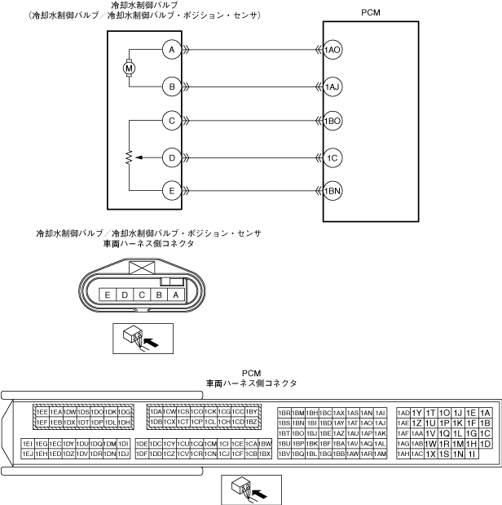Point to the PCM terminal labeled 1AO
pos(332,50)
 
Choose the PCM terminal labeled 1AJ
pos(332,86)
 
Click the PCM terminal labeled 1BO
pos(332,121)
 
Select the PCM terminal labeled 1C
pos(332,156)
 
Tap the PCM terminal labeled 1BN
pos(332,191)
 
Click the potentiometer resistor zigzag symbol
pos(129,156)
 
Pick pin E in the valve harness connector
pos(108,295)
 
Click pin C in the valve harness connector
pos(141,295)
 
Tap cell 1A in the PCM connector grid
pos(486,413)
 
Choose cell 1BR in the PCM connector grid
pos(285,413)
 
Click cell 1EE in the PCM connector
pos(42,413)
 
